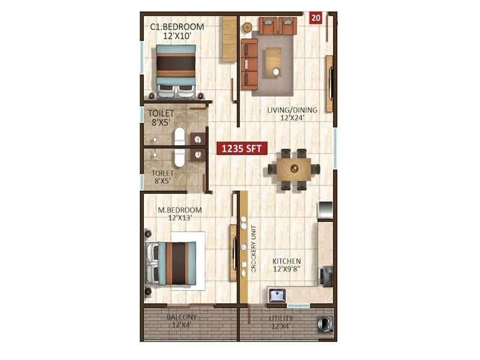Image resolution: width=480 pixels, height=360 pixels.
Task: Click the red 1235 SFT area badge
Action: (x=242, y=149)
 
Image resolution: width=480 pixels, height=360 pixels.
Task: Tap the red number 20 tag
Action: (x=316, y=18)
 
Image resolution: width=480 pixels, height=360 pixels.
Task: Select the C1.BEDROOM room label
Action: (x=177, y=27)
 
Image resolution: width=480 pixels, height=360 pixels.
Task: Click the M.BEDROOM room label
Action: (x=180, y=210)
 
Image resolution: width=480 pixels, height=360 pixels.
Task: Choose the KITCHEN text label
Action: (x=287, y=262)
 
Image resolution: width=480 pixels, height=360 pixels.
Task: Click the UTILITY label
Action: (x=281, y=318)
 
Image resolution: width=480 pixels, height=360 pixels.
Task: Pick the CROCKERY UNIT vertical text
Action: (x=254, y=249)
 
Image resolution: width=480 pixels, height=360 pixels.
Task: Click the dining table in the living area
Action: (x=294, y=169)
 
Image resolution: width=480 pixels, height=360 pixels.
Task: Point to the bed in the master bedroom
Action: (x=174, y=261)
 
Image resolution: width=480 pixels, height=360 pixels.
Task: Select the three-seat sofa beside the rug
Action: (x=248, y=64)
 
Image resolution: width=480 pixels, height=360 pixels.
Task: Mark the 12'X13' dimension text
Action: (x=180, y=218)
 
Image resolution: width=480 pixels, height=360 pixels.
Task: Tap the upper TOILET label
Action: (x=162, y=113)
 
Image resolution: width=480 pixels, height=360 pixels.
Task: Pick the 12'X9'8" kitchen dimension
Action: (x=287, y=270)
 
